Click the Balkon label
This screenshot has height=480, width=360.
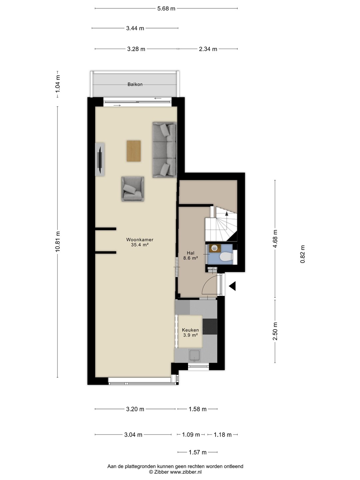click(135, 84)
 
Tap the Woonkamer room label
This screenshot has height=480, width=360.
click(140, 239)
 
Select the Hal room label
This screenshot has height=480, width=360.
click(191, 253)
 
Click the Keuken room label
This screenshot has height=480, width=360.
click(190, 330)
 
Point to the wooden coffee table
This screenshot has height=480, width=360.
click(134, 151)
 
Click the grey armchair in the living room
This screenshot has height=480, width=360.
click(133, 189)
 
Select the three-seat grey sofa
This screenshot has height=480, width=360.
click(164, 150)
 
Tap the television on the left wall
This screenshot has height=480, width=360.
click(100, 159)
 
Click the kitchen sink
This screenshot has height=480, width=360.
click(194, 356)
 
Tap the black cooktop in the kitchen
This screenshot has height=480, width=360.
click(210, 326)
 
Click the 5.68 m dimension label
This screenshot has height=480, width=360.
click(166, 9)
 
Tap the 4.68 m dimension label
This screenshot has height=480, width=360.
click(275, 239)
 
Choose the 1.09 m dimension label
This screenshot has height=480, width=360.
click(191, 435)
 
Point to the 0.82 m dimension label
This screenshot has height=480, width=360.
click(303, 254)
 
